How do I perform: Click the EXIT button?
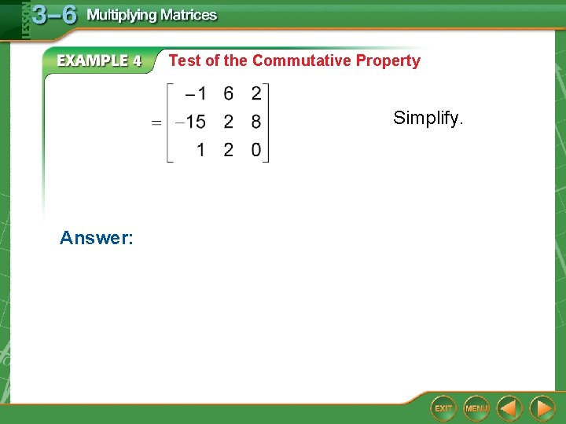pos(444,408)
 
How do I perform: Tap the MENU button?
pos(476,408)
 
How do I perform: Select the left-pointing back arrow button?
pos(510,408)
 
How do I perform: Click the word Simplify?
pos(429,119)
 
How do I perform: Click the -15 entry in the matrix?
pos(190,122)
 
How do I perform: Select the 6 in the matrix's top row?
pos(228,94)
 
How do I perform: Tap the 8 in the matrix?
pos(256,122)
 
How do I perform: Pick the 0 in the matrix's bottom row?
pos(256,149)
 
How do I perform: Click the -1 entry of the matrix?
pos(196,94)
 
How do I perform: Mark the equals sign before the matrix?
pos(157,122)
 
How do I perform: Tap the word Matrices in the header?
pos(186,15)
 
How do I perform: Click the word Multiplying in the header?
pos(119,15)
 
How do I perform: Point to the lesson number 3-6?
pos(54,15)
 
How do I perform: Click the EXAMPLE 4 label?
pos(99,60)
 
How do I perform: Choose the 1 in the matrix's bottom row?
pos(201,149)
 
